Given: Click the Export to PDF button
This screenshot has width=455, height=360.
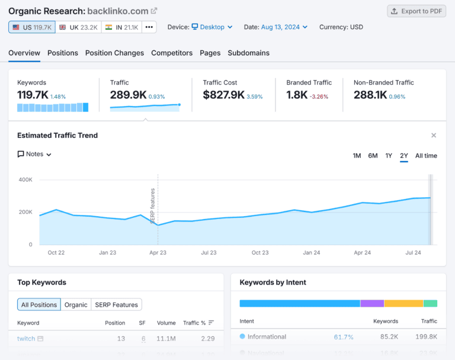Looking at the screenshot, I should pos(416,11).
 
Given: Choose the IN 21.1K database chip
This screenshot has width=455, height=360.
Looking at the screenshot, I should pos(121,27).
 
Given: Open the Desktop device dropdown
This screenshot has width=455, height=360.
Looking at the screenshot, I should pos(212,27).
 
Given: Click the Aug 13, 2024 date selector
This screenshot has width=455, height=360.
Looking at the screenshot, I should pos(284,27).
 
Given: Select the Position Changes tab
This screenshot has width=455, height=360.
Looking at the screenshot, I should pos(114,53).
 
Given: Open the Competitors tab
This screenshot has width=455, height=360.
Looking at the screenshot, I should pos(172,53).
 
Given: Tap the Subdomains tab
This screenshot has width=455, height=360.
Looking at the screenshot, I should pos(248,53).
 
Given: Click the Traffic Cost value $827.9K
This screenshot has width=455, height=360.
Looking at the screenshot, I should pos(223,95).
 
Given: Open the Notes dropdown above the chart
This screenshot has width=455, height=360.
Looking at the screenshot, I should pos(35,154).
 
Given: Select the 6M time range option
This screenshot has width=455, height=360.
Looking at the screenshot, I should pos(373,156).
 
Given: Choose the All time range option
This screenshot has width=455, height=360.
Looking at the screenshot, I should pos(426,156).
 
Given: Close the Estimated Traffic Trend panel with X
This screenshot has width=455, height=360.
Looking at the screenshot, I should pos(434,136).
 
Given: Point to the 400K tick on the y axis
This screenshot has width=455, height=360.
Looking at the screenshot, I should pos(25,179).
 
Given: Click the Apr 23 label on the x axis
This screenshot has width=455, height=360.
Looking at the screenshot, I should pos(158,253).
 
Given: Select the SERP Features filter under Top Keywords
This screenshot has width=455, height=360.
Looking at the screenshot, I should pos(116,305).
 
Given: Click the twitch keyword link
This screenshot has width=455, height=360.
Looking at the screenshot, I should pos(26,339).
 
